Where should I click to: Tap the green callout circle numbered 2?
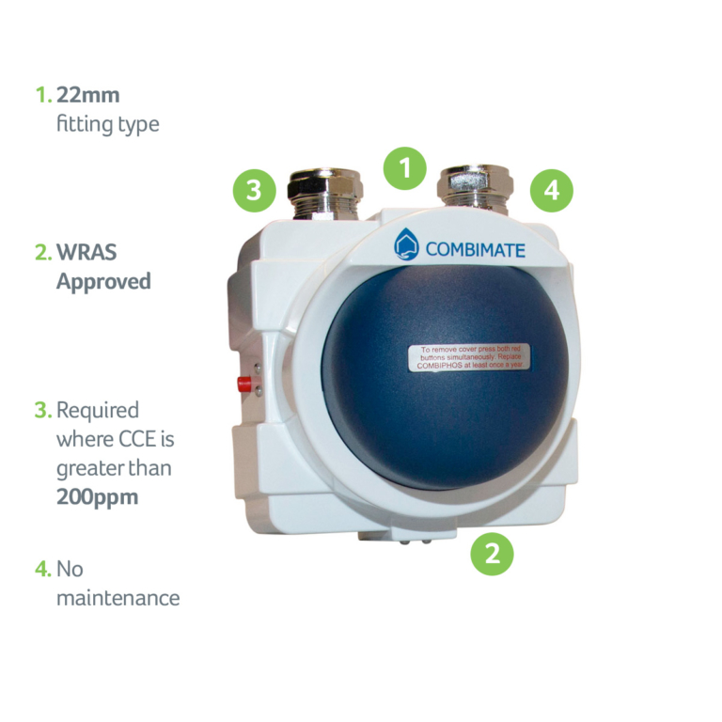(492, 553)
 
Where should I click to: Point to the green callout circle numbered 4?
(551, 191)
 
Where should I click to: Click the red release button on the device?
(244, 384)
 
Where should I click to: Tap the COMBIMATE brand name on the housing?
(475, 250)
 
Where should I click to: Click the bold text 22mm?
(88, 95)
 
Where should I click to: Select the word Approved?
(103, 282)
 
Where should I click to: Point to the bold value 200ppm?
(97, 497)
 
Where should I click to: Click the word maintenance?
(118, 598)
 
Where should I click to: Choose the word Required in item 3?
(97, 410)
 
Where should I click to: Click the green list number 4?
(42, 569)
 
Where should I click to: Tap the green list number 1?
(42, 95)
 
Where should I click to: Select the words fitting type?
(107, 124)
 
